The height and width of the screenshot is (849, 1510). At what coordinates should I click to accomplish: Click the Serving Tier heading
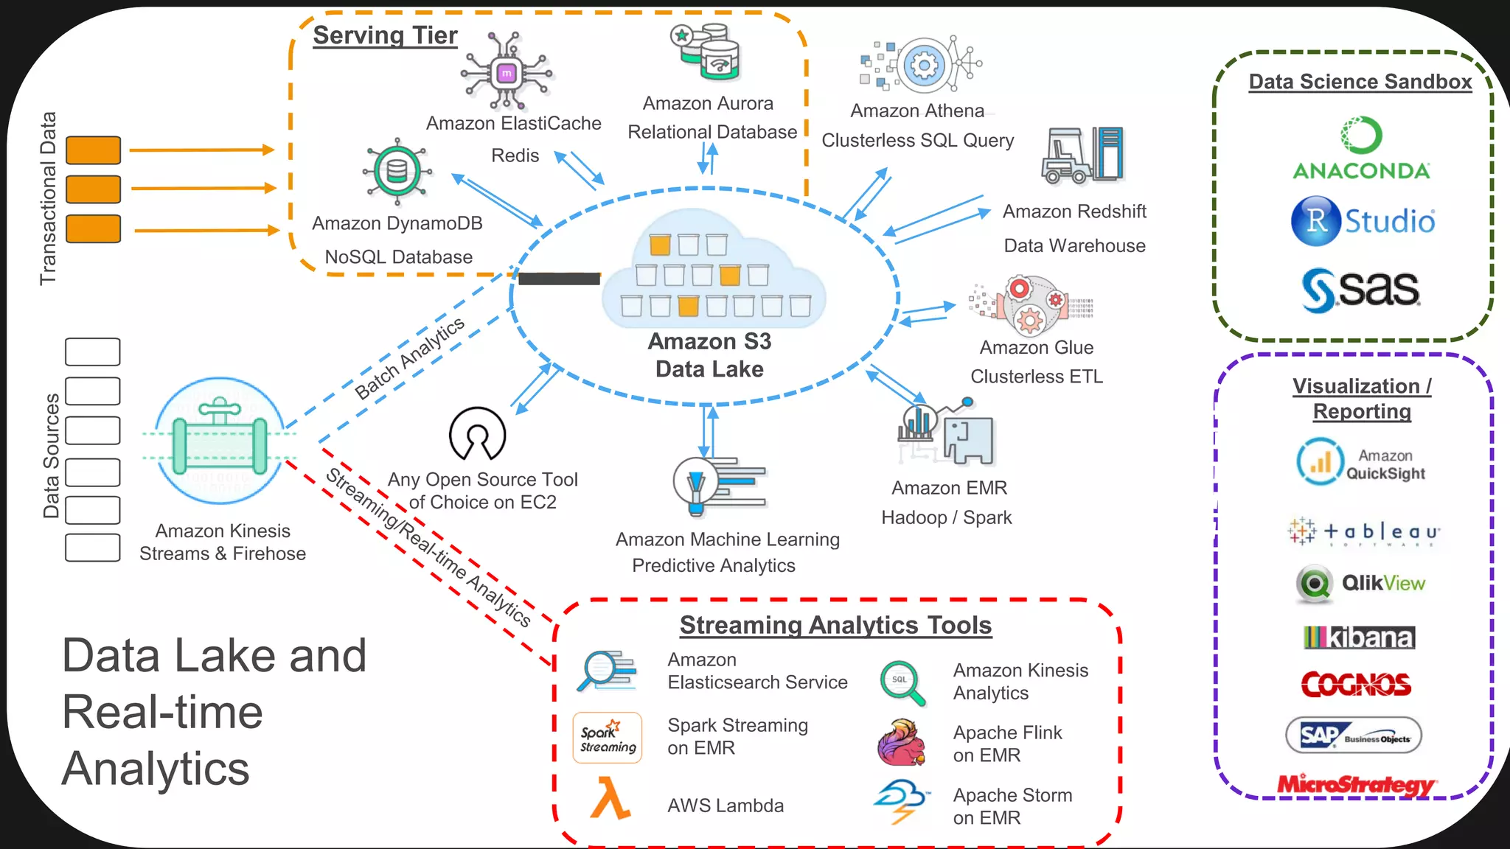pos(385,35)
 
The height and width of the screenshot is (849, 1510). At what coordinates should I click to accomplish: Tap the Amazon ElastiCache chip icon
pos(507,73)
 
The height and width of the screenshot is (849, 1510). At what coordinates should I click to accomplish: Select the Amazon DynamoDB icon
pos(397,171)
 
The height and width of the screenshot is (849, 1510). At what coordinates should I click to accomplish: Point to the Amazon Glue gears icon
pos(1031,306)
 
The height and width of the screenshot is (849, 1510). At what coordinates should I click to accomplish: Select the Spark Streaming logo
pos(608,738)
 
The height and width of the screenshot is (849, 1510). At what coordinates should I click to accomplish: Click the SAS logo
pos(1360,290)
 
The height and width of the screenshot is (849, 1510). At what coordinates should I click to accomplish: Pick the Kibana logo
pos(1359,637)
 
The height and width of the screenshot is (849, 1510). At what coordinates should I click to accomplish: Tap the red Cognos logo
pos(1356,685)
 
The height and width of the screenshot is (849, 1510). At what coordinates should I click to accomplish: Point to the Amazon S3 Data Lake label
pos(709,355)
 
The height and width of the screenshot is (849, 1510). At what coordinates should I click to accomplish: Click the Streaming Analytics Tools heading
pos(835,625)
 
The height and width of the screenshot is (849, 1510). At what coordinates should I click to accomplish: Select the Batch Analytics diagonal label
pos(409,358)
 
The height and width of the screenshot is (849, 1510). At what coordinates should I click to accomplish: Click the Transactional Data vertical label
pos(48,198)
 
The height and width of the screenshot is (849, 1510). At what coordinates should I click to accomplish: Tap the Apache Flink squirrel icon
pos(901,743)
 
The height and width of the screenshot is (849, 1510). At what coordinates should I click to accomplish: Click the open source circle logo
pos(478,434)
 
